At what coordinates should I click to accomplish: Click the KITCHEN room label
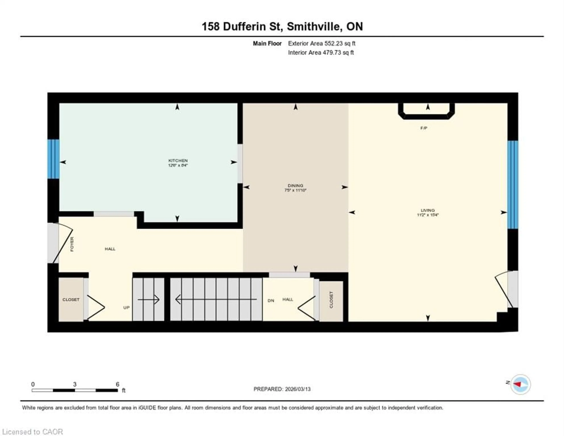[x=178, y=160]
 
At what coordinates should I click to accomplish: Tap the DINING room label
[x=295, y=186]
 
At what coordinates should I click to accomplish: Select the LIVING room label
[x=428, y=210]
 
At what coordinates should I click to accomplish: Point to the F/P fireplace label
[x=424, y=128]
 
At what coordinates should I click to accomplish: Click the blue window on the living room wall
[x=513, y=185]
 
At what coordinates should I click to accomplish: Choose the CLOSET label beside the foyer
[x=71, y=299]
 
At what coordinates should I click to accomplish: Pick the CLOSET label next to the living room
[x=331, y=300]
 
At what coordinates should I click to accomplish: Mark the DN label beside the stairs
[x=271, y=301]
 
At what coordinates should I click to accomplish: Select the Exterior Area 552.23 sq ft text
[x=322, y=43]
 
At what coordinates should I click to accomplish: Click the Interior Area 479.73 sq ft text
[x=321, y=52]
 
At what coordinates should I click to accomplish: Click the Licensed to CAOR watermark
[x=33, y=432]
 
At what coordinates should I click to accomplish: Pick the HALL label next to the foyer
[x=110, y=249]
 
